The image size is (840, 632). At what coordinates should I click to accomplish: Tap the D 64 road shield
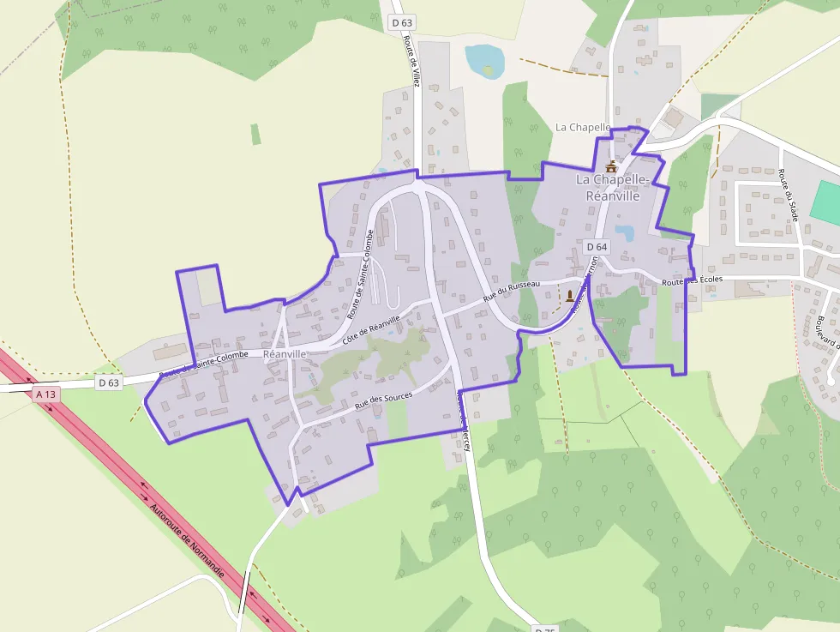[597, 247]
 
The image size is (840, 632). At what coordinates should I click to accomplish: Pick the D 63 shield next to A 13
[108, 382]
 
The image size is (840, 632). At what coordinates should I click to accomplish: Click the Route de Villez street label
[414, 64]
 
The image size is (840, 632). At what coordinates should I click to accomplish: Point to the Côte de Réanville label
[371, 329]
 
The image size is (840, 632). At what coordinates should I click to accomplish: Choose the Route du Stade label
[789, 196]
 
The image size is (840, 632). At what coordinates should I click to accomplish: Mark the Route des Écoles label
[692, 281]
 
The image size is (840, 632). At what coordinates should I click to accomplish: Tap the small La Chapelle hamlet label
[583, 127]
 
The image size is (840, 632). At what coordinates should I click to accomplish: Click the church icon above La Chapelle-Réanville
[611, 166]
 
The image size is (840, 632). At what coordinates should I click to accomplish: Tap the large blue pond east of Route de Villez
[484, 60]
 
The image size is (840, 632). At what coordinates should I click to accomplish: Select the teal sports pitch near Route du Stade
[826, 203]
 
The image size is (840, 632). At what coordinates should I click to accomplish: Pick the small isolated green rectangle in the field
[255, 134]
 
